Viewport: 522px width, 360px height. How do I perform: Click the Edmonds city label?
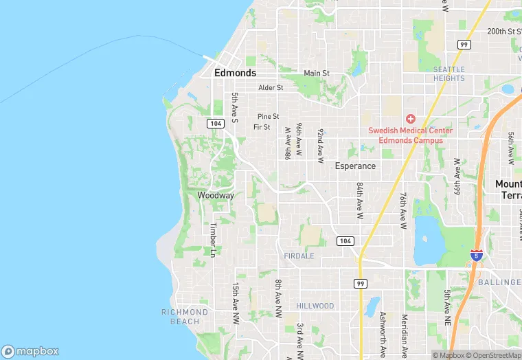click(x=235, y=73)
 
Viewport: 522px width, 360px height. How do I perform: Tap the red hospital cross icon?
click(x=411, y=119)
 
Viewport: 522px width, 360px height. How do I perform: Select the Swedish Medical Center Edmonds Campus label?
click(x=410, y=135)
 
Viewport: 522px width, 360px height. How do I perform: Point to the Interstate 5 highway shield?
click(x=475, y=255)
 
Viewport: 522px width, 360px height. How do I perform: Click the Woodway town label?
click(x=216, y=196)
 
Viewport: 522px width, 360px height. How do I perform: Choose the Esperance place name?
click(x=355, y=166)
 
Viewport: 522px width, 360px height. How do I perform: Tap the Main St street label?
click(x=317, y=74)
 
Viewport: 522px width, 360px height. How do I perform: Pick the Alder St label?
click(x=271, y=88)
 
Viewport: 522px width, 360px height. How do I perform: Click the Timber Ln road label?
click(x=214, y=240)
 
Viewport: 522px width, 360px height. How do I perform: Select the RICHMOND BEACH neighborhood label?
click(x=185, y=317)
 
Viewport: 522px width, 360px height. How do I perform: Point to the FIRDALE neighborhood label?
click(x=299, y=256)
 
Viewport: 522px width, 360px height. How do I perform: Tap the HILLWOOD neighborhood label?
click(x=315, y=306)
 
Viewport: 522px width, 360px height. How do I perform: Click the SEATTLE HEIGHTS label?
click(x=449, y=74)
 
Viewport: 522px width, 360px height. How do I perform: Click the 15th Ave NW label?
click(x=235, y=300)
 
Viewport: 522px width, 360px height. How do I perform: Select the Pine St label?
click(x=268, y=117)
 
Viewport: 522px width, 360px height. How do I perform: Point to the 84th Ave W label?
click(x=359, y=201)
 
